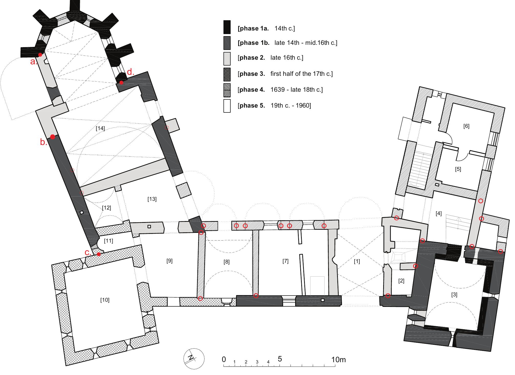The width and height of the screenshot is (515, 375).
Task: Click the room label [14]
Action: pos(100,129)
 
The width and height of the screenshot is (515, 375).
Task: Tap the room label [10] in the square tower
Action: pos(105,300)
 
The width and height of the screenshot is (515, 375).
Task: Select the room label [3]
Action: pos(454,295)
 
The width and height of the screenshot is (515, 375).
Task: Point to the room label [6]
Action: pos(466,126)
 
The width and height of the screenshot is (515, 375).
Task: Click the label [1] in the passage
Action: pos(357,262)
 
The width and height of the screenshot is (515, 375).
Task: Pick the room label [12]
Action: pos(106,208)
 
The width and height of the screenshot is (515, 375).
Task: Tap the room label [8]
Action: pos(227,262)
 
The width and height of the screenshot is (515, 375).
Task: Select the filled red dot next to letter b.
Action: pos(52,137)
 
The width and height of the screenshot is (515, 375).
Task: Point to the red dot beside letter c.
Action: pos(99,254)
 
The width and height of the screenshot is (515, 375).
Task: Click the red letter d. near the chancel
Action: pos(131,72)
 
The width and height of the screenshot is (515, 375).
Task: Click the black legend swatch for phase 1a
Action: pos(227,27)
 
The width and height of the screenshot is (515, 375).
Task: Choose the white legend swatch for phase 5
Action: pos(227,106)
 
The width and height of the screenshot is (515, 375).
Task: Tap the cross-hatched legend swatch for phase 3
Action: pos(227,74)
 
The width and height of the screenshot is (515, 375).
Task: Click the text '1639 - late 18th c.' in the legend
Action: pos(296,90)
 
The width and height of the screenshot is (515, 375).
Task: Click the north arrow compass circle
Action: pos(194,358)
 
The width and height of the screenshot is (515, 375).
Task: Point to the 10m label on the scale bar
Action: pos(338,360)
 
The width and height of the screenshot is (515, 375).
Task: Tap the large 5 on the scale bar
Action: pos(280,359)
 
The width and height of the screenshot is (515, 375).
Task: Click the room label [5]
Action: pos(458,169)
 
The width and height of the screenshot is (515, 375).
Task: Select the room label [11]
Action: pos(109,241)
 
